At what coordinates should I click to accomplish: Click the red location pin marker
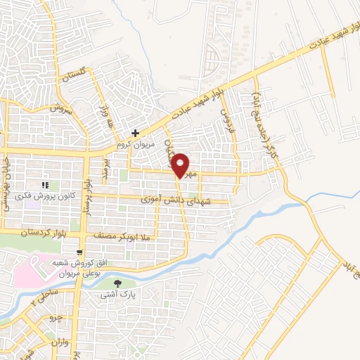pyautogui.click(x=181, y=165)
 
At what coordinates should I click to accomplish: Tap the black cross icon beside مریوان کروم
pyautogui.click(x=135, y=132)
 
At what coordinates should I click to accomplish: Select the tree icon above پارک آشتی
pyautogui.click(x=117, y=284)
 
